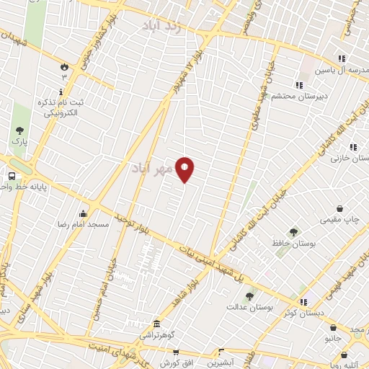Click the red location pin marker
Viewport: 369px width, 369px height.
185,169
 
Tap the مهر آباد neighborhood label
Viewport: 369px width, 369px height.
152,168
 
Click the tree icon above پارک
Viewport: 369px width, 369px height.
20,130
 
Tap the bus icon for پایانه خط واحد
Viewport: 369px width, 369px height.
12,176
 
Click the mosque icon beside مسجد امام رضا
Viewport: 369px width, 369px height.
84,213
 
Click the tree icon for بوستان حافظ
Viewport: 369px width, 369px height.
293,232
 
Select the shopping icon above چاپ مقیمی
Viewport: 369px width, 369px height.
339,208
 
